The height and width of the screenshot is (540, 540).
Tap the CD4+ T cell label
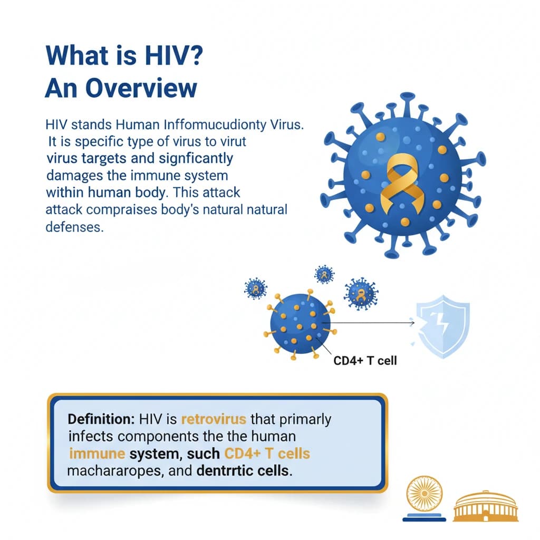click(x=365, y=361)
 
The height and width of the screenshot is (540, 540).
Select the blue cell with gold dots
click(x=300, y=324)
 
